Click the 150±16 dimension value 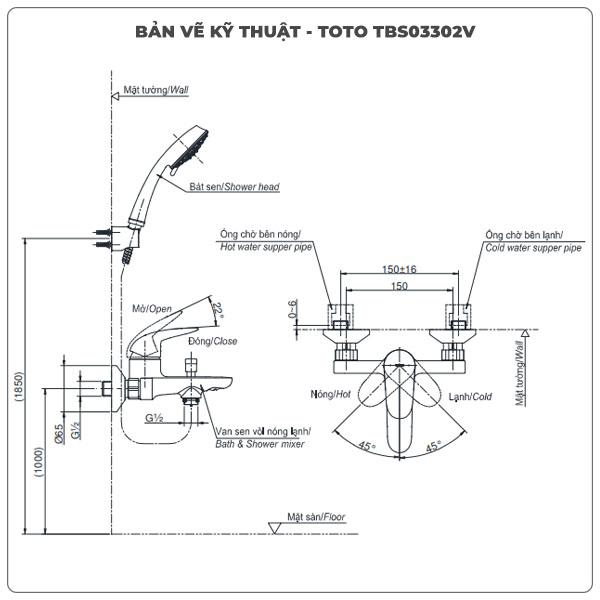click(x=398, y=269)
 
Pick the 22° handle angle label click(x=220, y=311)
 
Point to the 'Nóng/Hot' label click(x=332, y=396)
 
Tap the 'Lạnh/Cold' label click(x=469, y=396)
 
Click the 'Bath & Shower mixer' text click(x=263, y=443)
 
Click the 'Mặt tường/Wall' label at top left click(x=157, y=89)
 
